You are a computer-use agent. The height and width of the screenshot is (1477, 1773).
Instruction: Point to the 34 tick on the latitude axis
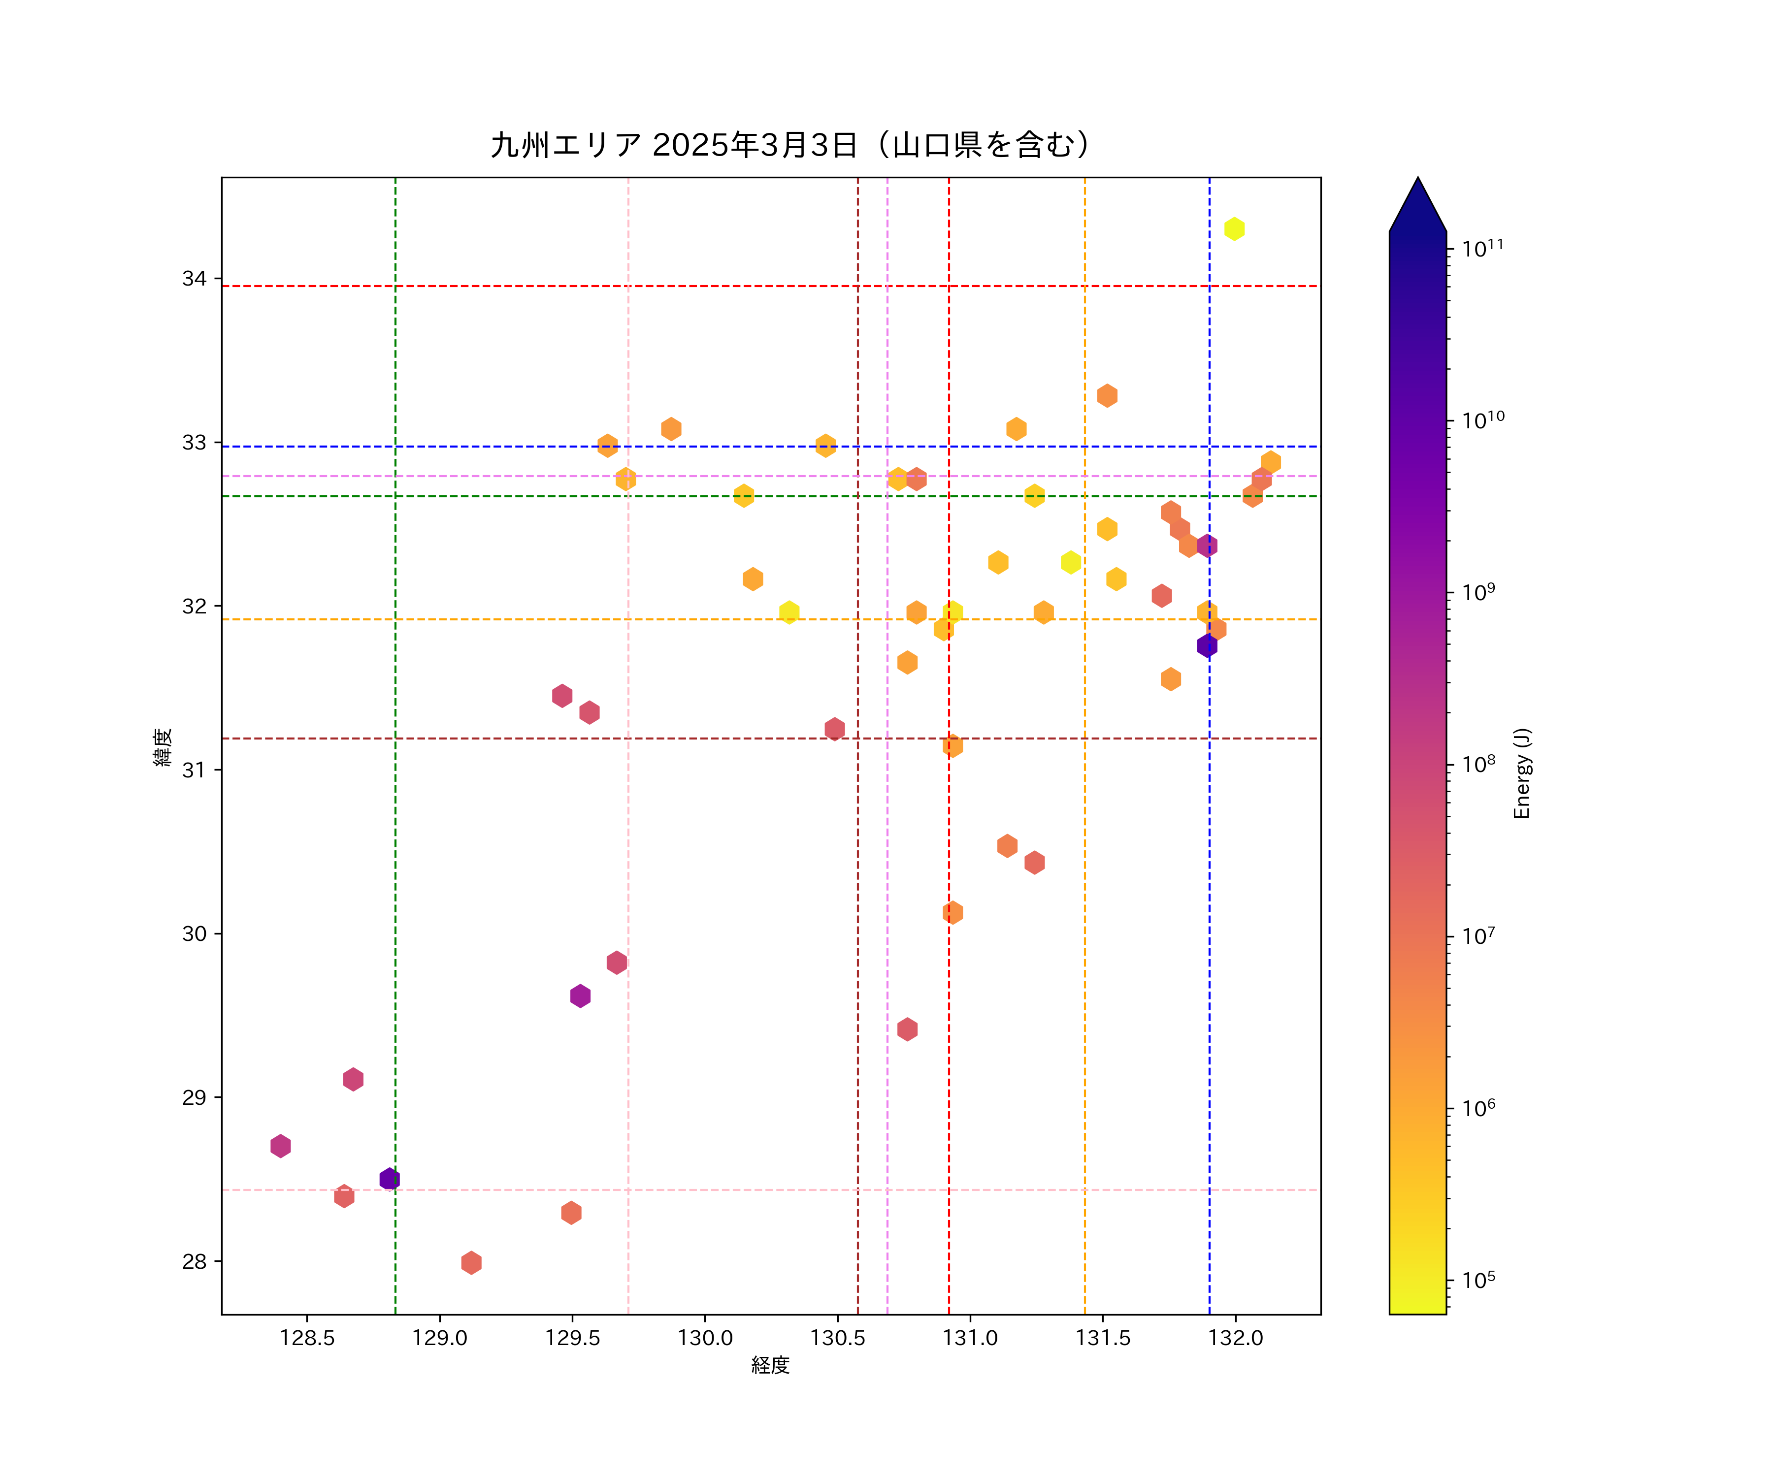pos(194,279)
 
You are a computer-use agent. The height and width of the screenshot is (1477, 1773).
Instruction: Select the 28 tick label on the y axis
pos(194,1262)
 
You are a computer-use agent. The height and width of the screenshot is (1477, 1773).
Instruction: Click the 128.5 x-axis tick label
pos(307,1338)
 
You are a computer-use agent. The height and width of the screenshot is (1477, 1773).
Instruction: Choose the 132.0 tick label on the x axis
pos(1235,1338)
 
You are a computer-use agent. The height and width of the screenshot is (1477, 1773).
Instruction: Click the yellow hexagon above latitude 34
pos(1234,229)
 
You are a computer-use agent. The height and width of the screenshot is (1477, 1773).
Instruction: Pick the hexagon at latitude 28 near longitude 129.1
pos(471,1263)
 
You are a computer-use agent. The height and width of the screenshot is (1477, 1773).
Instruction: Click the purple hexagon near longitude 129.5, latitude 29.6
pos(580,996)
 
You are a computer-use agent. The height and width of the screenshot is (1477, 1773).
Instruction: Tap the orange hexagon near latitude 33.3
pos(1107,396)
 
